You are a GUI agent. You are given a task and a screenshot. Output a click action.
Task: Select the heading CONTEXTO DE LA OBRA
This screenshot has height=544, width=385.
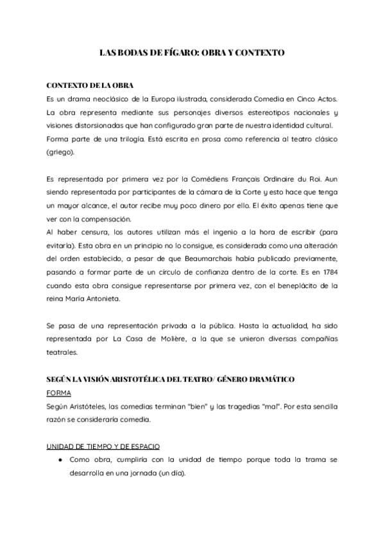pos(90,86)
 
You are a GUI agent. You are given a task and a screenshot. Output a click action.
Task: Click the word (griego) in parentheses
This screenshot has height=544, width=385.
pos(60,153)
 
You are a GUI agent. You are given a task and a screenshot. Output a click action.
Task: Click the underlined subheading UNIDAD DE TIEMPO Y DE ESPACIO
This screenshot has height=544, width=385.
pos(103,446)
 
